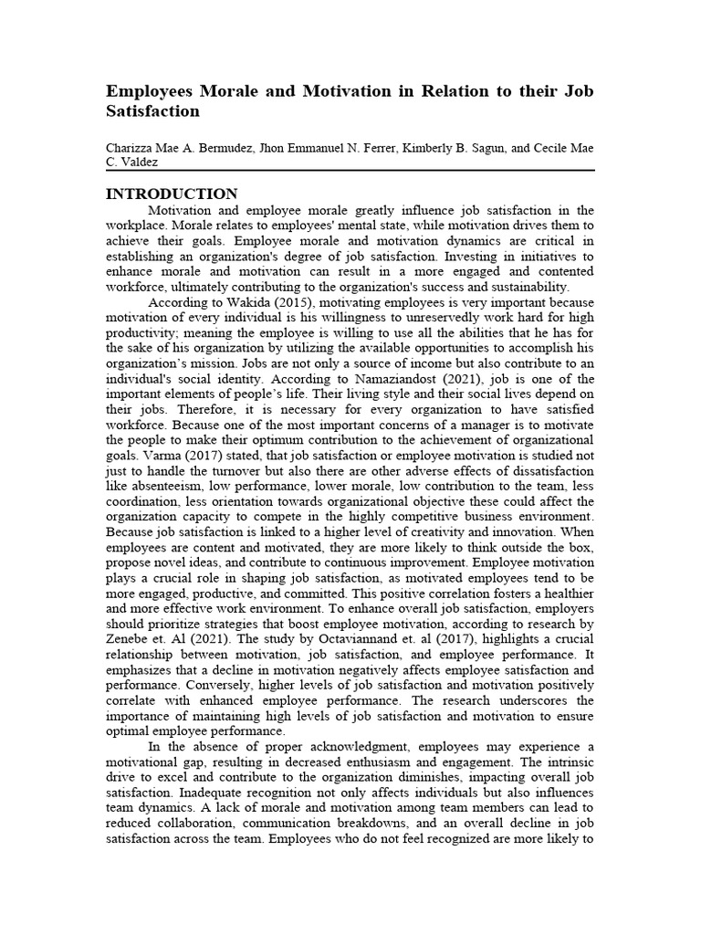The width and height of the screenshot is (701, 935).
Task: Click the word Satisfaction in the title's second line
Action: pyautogui.click(x=152, y=111)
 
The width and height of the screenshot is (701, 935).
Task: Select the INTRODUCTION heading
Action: pyautogui.click(x=173, y=194)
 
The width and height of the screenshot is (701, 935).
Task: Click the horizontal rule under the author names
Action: pyautogui.click(x=350, y=171)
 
